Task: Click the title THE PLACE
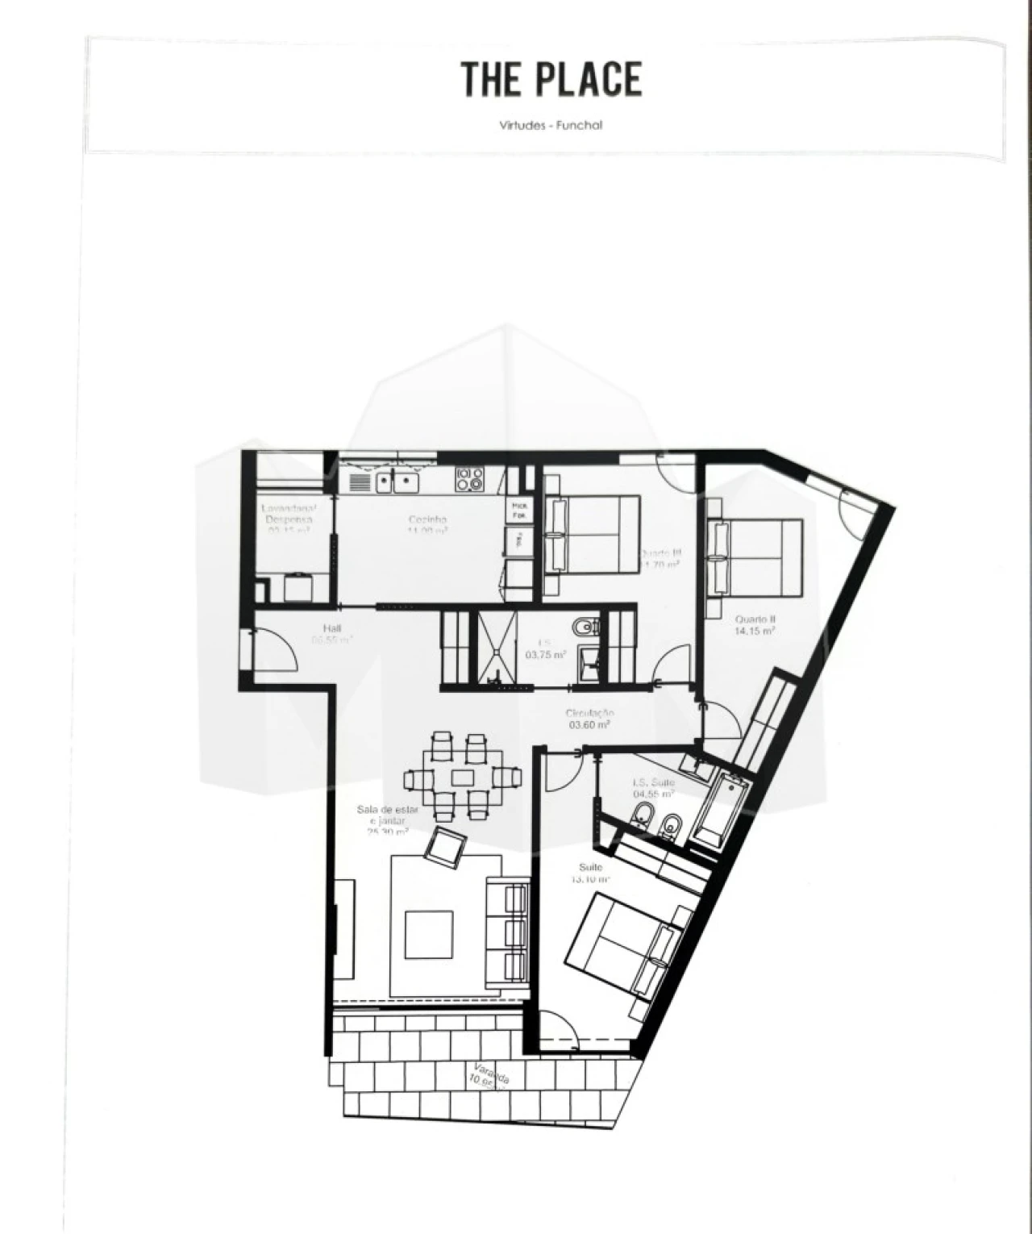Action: pyautogui.click(x=551, y=79)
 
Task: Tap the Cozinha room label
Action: pyautogui.click(x=427, y=525)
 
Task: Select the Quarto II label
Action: pyautogui.click(x=755, y=625)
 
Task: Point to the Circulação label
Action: pyautogui.click(x=590, y=718)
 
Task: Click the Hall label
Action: pyautogui.click(x=332, y=634)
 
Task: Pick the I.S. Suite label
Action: pyautogui.click(x=653, y=787)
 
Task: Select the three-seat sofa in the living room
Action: pyautogui.click(x=507, y=932)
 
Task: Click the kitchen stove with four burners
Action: pyautogui.click(x=469, y=480)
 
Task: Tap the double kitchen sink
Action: pyautogui.click(x=395, y=482)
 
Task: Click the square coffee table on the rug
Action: pyautogui.click(x=428, y=933)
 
